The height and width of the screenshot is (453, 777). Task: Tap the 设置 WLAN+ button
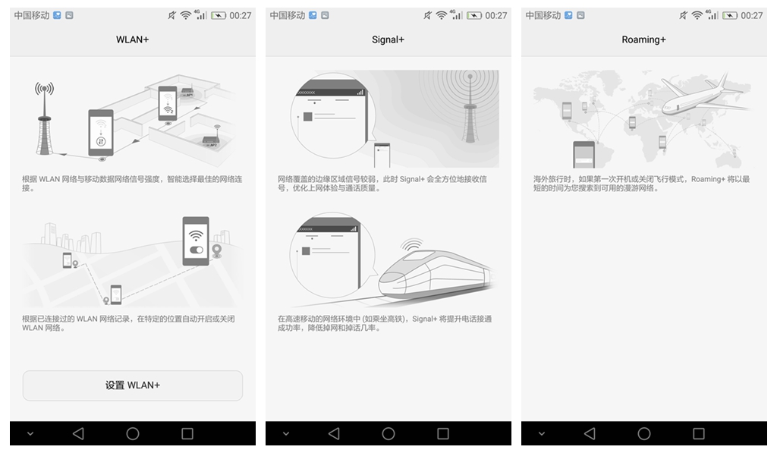(x=132, y=385)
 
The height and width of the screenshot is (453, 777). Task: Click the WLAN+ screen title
(x=132, y=39)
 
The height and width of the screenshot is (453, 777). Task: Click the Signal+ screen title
(x=388, y=39)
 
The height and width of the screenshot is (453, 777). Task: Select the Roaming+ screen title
(x=643, y=39)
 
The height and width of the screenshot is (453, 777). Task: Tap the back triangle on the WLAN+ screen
(x=78, y=434)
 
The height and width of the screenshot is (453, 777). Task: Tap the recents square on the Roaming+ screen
(x=699, y=434)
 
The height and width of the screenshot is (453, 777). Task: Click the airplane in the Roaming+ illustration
(x=703, y=96)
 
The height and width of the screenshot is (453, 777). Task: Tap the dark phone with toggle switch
(x=196, y=241)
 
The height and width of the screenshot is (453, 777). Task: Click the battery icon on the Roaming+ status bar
(x=729, y=15)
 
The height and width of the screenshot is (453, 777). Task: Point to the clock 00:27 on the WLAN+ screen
(x=241, y=15)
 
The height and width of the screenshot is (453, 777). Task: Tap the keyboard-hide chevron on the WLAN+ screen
(x=30, y=434)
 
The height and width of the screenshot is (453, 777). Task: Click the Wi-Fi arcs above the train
(x=411, y=244)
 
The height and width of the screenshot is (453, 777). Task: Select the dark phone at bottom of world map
(x=584, y=155)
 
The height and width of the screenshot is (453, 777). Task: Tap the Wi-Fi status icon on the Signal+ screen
(x=441, y=15)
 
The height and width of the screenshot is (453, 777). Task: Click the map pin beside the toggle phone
(x=216, y=251)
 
